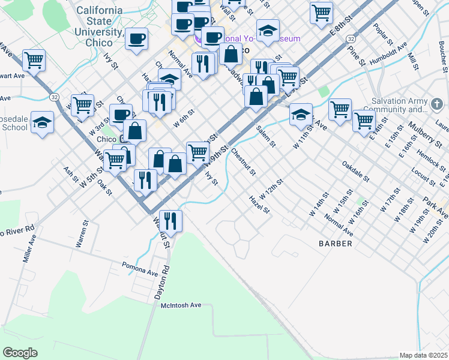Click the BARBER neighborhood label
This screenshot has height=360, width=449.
click(x=336, y=244)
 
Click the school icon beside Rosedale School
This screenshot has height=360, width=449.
click(x=42, y=123)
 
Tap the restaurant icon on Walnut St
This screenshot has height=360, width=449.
click(x=170, y=220)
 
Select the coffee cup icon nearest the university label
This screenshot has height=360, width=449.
click(x=137, y=39)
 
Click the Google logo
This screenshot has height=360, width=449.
click(x=20, y=352)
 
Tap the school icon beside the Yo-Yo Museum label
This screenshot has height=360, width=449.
click(x=268, y=30)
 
